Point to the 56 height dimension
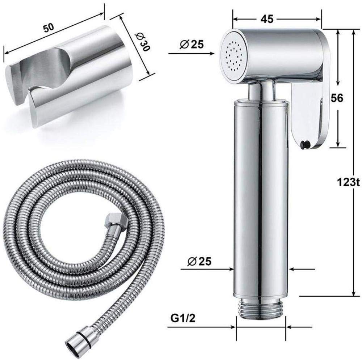coord(337,98)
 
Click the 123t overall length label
coord(348,183)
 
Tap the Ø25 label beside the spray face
coord(192,44)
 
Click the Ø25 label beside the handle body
coord(199,262)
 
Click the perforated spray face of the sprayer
coord(233,56)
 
